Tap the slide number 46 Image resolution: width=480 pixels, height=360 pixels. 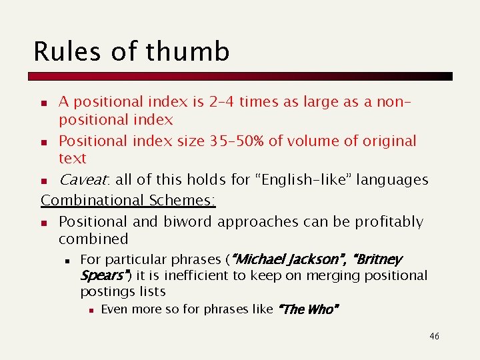tap(434, 337)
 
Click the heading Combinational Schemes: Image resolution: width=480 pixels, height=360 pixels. tap(129, 200)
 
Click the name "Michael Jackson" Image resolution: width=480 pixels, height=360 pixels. tap(287, 259)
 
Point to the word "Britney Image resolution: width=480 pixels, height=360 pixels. tap(377, 259)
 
